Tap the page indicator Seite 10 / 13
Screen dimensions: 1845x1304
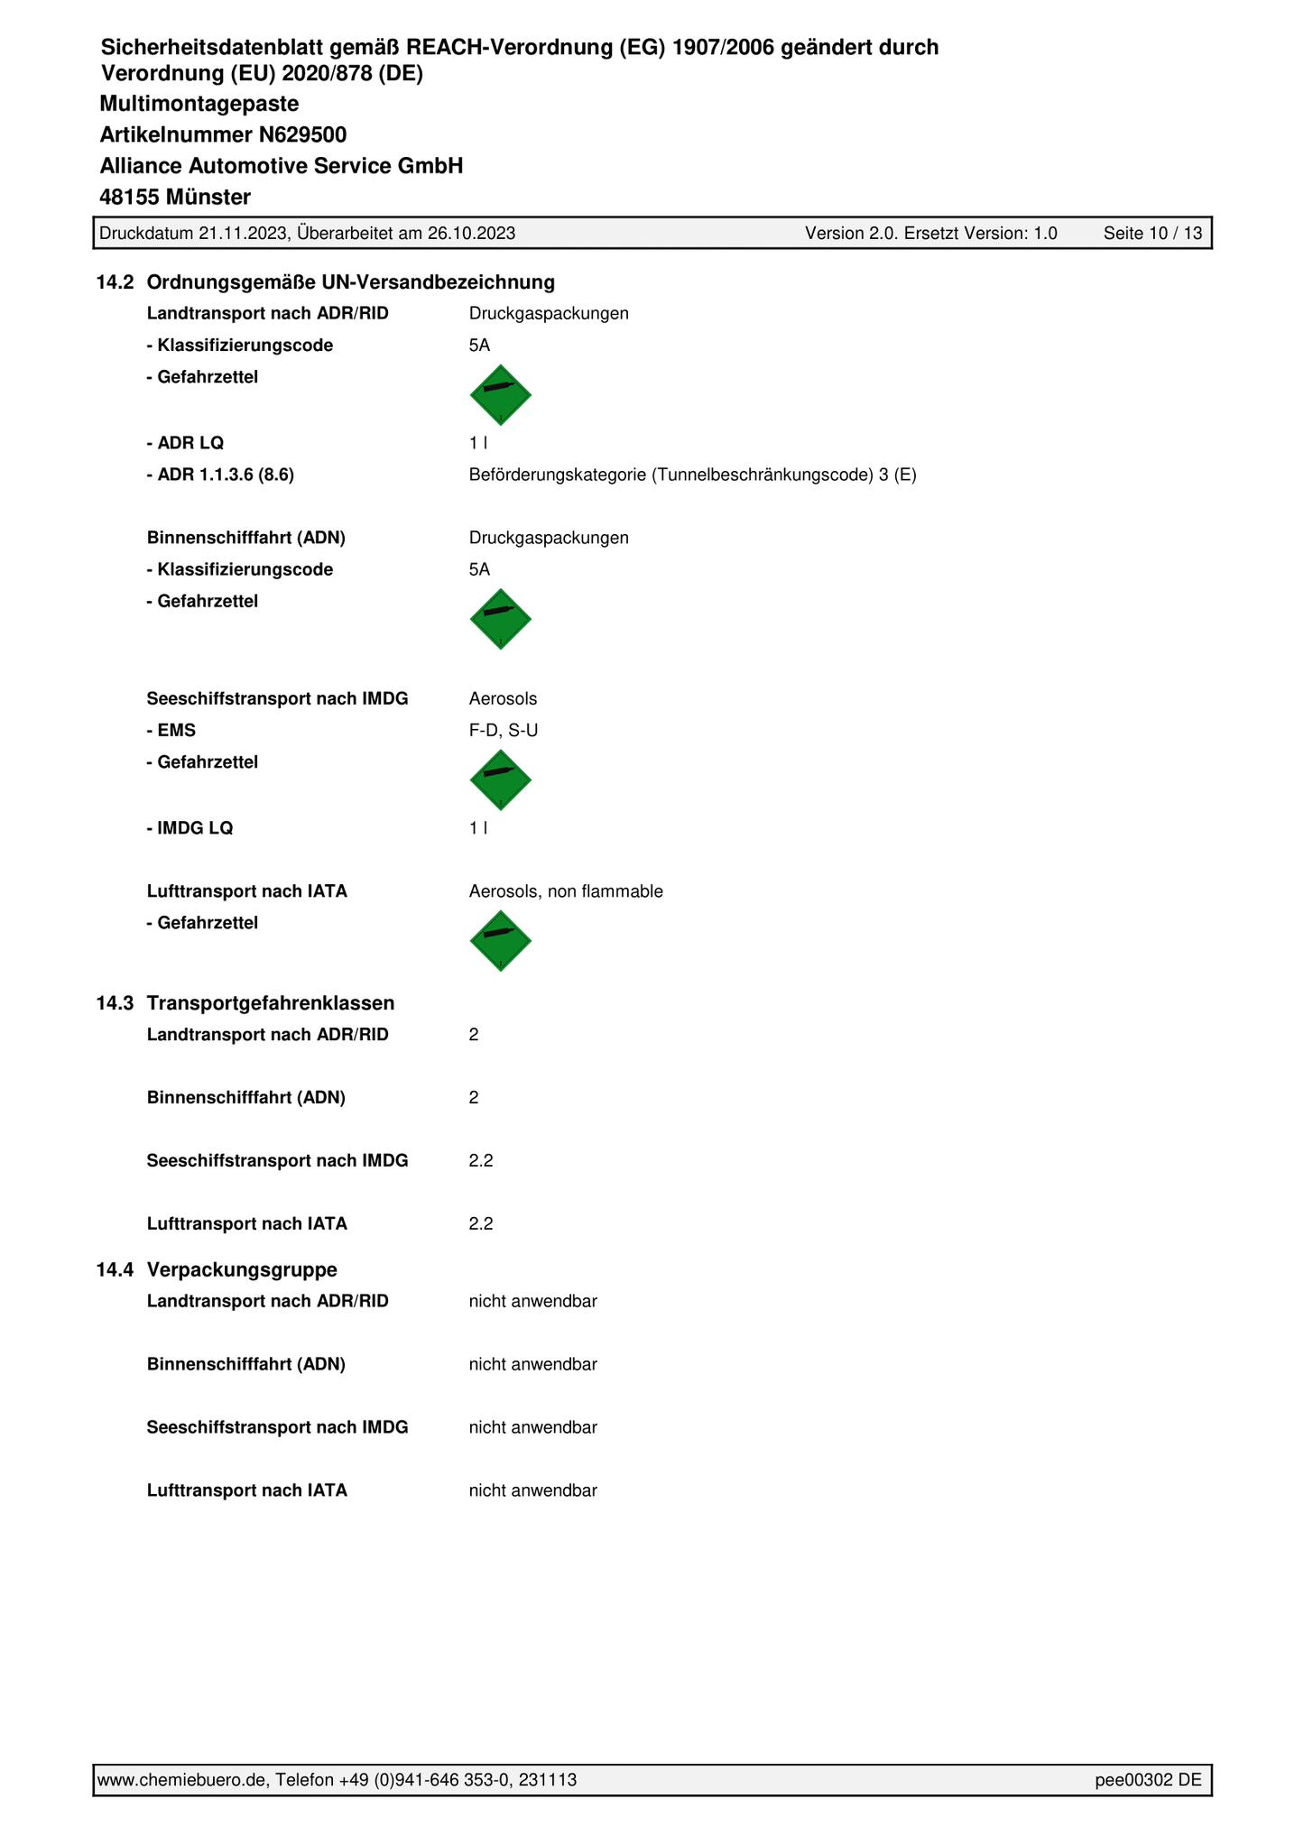(x=1152, y=234)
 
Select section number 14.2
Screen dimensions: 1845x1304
(x=116, y=282)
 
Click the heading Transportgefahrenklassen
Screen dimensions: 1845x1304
(x=271, y=1003)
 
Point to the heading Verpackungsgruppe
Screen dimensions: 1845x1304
(x=242, y=1269)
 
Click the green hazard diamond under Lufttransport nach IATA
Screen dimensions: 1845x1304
(x=501, y=941)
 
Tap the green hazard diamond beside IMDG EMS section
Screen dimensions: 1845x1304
(x=501, y=780)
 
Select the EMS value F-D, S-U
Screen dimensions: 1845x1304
(x=504, y=730)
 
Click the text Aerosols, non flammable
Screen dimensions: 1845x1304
(x=566, y=891)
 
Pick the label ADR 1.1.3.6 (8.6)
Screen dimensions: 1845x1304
(x=220, y=475)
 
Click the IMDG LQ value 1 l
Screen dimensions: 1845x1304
(x=478, y=828)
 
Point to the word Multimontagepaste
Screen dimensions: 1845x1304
(x=199, y=104)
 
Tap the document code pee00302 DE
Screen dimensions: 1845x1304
(x=1148, y=1779)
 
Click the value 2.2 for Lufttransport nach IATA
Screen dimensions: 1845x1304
(x=481, y=1224)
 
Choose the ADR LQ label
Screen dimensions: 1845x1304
(x=185, y=443)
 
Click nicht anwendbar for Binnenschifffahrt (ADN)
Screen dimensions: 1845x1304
(x=532, y=1364)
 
